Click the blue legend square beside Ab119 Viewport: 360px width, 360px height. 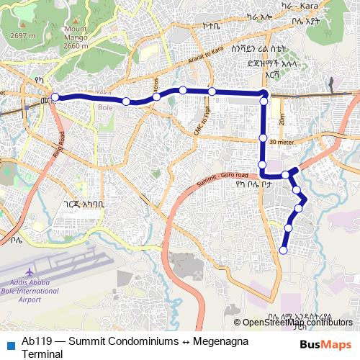point(10,342)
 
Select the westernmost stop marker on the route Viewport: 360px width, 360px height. point(55,97)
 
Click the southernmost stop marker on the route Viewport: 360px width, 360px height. point(283,251)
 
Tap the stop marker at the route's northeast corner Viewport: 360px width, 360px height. point(264,94)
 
